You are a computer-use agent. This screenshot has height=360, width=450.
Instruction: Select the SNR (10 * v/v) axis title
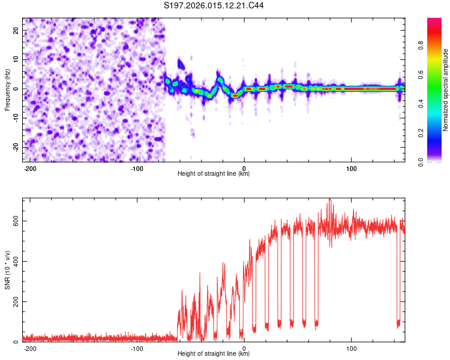pyautogui.click(x=7, y=269)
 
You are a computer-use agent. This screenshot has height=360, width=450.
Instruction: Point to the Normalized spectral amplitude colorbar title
pyautogui.click(x=446, y=90)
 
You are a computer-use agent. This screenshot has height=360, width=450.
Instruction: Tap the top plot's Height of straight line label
pyautogui.click(x=214, y=174)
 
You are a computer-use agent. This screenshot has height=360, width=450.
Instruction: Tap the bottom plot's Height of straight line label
pyautogui.click(x=214, y=354)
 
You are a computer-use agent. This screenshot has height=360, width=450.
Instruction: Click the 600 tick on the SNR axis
pyautogui.click(x=14, y=221)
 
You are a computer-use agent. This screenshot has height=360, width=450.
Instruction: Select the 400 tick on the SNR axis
pyautogui.click(x=14, y=261)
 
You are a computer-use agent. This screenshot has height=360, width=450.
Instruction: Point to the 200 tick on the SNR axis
pyautogui.click(x=14, y=301)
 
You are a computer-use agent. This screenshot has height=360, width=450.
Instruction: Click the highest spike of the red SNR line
pyautogui.click(x=329, y=199)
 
